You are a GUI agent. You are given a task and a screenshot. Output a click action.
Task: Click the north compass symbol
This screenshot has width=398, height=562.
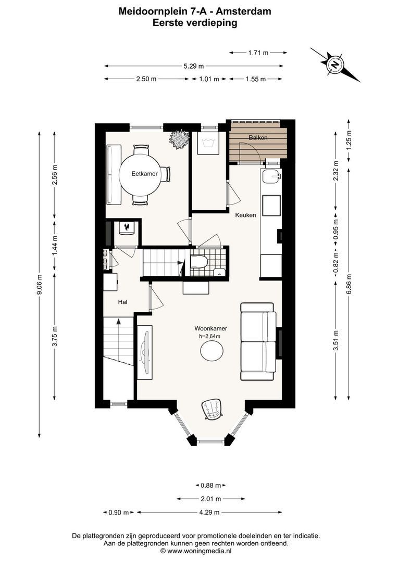pos(334,65)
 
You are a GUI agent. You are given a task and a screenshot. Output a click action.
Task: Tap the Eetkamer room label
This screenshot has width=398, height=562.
pos(144,174)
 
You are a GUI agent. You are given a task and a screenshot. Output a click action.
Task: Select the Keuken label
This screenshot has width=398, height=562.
pos(245,215)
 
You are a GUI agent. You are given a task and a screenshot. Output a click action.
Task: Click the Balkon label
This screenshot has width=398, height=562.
pos(258,137)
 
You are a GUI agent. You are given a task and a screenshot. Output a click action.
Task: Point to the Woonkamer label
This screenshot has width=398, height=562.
pos(210,328)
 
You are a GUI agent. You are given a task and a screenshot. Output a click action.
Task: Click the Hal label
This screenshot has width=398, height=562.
pos(123,302)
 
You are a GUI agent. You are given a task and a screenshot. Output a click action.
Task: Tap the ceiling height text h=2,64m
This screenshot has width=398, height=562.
pos(210,336)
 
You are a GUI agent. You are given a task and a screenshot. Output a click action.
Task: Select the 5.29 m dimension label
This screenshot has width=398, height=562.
pos(193,66)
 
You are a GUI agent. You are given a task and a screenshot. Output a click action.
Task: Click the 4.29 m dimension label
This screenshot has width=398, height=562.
pos(209,513)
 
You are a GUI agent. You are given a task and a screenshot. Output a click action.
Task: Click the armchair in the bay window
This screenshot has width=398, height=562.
pos(212,409)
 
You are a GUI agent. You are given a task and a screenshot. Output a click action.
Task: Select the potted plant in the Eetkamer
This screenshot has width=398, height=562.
pos(179,139)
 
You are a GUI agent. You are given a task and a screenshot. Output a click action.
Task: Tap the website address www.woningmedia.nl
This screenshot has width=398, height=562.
pos(199,550)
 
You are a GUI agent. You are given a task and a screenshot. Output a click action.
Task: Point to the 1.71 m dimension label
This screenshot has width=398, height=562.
pos(258,53)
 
